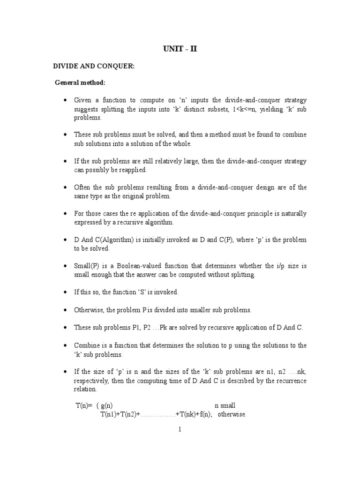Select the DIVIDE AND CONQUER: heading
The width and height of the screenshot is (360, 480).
[93, 67]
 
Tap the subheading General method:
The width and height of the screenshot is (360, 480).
[80, 83]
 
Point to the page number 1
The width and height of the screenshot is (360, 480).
[180, 429]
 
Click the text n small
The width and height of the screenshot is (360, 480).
[225, 405]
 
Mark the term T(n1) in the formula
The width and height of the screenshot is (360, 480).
[109, 415]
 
